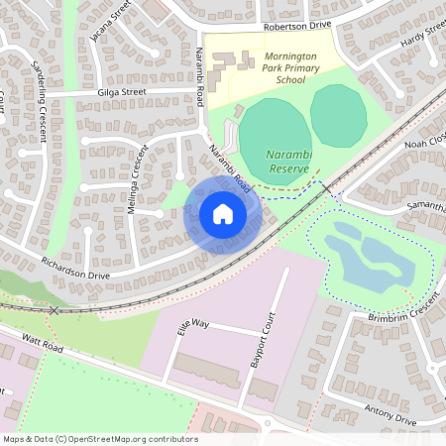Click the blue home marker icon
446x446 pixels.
point(223,213)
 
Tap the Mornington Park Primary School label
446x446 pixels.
point(279,70)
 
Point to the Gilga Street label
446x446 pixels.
point(122,92)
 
